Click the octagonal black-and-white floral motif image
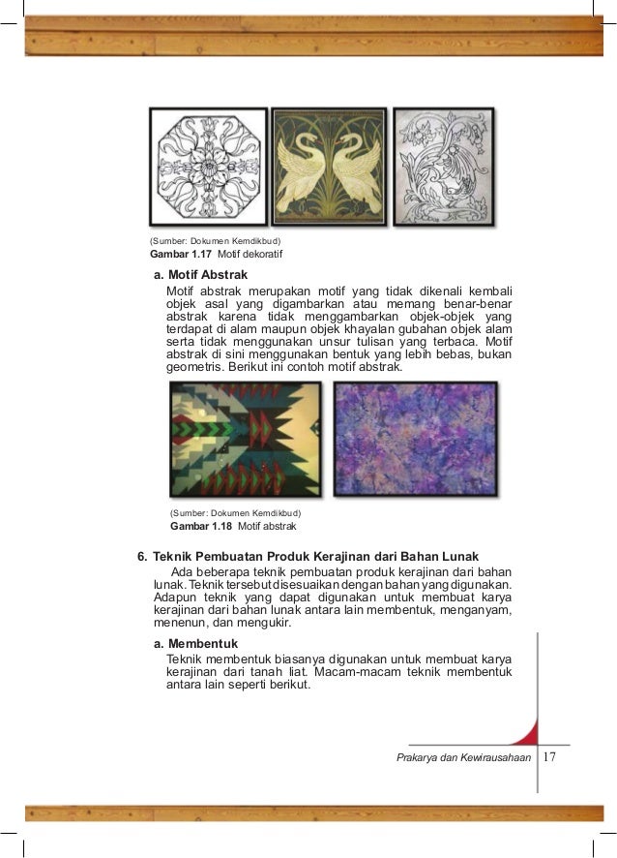pos(208,167)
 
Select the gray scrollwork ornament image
pos(449,167)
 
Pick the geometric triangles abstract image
pos(245,438)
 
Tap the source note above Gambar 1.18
pos(235,511)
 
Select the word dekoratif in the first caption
pos(243,255)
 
